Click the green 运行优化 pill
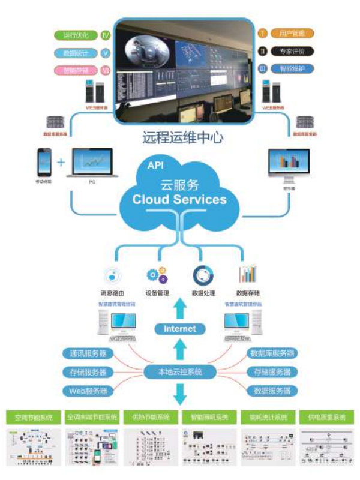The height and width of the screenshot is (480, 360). pos(76,35)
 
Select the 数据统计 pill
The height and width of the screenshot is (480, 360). pos(76,53)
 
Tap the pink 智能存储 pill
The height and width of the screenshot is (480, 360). pos(76,70)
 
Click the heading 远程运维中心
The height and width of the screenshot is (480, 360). pos(183,137)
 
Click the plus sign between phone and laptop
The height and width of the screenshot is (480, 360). pos(61,162)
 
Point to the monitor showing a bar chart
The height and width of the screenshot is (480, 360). pos(289,166)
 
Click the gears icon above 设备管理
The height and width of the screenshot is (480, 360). pos(156,275)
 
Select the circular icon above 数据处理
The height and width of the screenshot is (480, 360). pos(201,275)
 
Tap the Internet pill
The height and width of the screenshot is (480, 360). pos(179,329)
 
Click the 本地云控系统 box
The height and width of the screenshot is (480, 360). pos(179,372)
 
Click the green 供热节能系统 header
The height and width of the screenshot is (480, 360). pos(151,416)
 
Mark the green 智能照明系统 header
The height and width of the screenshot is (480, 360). pos(209,416)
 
